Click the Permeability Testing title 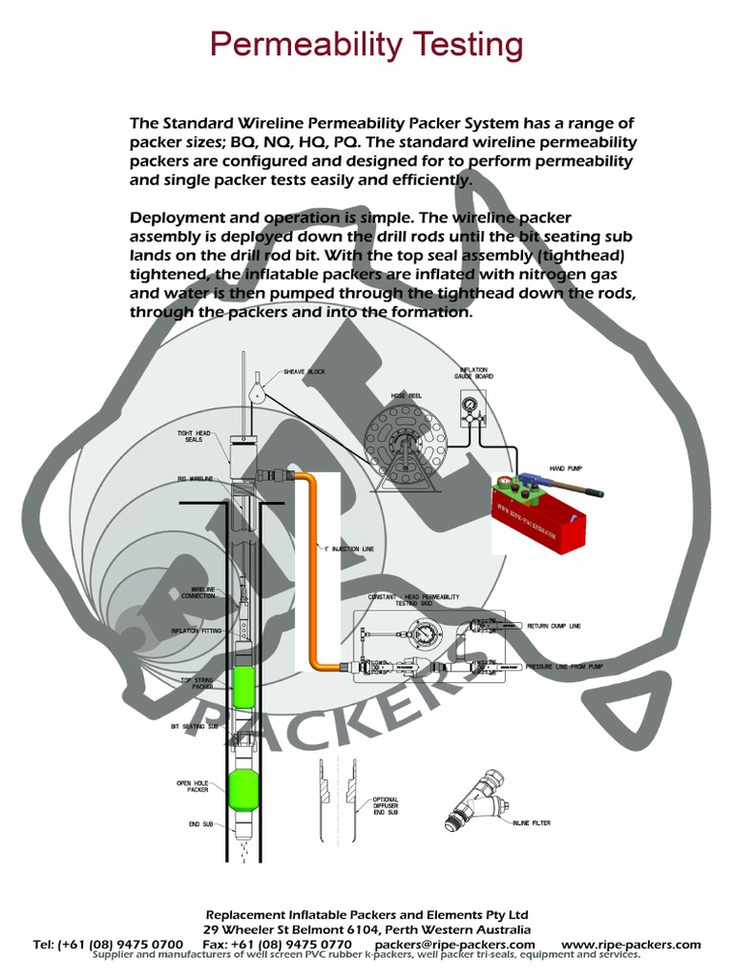tap(366, 44)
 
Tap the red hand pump tap(540, 515)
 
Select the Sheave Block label tap(304, 371)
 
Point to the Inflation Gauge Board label tap(473, 373)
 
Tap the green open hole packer tap(243, 788)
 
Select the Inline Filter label tap(532, 823)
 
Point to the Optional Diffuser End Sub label tap(386, 806)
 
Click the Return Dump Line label tap(554, 626)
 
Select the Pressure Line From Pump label tap(565, 666)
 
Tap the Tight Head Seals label tap(194, 436)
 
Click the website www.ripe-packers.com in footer tap(631, 945)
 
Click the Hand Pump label tap(565, 468)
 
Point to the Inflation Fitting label tap(197, 631)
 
